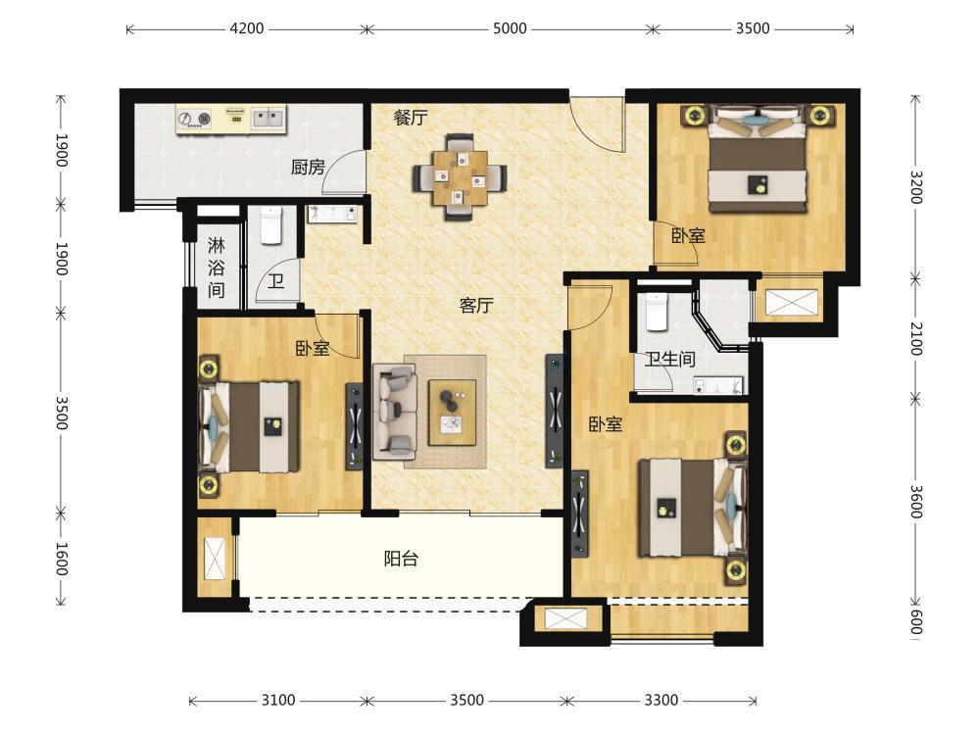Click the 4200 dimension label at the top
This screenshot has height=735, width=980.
[247, 28]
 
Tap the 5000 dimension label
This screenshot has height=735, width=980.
[510, 28]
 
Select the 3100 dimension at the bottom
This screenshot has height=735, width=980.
[278, 700]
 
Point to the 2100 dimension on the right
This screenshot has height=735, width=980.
[915, 339]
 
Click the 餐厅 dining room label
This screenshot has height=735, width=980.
[411, 118]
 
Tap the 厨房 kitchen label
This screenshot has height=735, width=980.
[308, 168]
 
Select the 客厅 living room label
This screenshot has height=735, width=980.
[476, 306]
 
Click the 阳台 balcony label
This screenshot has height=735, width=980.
[401, 559]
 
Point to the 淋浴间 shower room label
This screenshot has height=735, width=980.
[217, 267]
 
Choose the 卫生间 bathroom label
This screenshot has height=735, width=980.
[670, 360]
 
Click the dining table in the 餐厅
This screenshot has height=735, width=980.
[460, 176]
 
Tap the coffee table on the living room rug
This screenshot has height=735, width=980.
[452, 413]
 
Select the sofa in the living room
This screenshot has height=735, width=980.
[395, 412]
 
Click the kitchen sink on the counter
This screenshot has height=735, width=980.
[269, 118]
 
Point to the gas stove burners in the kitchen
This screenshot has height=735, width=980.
[194, 119]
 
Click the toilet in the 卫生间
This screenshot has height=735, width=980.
[657, 311]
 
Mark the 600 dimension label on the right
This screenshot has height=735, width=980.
[915, 622]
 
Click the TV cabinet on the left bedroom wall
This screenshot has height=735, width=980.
[355, 426]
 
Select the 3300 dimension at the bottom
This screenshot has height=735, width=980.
[661, 700]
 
